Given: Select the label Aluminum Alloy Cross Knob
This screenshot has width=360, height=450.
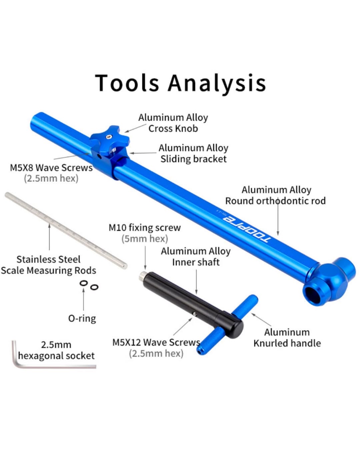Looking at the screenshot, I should click(173, 123).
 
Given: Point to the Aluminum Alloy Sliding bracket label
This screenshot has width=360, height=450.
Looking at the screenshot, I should click(193, 153).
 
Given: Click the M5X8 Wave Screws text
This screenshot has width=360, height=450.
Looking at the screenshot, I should click(51, 167).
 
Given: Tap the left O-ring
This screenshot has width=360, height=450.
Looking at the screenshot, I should click(84, 284).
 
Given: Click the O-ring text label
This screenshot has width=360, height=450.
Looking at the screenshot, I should click(82, 318).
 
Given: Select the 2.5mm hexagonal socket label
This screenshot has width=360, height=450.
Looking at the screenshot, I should click(56, 350).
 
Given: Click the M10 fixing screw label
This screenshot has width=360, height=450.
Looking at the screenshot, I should click(144, 228).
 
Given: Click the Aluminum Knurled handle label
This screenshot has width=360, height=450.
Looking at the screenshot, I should click(287, 338).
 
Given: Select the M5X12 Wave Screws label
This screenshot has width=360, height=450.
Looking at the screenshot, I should click(156, 343).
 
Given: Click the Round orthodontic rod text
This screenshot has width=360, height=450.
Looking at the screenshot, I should click(275, 201).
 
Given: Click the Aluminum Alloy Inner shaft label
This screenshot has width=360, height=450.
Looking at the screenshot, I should click(196, 257).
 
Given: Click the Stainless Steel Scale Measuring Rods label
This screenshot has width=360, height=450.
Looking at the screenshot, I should click(48, 265).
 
